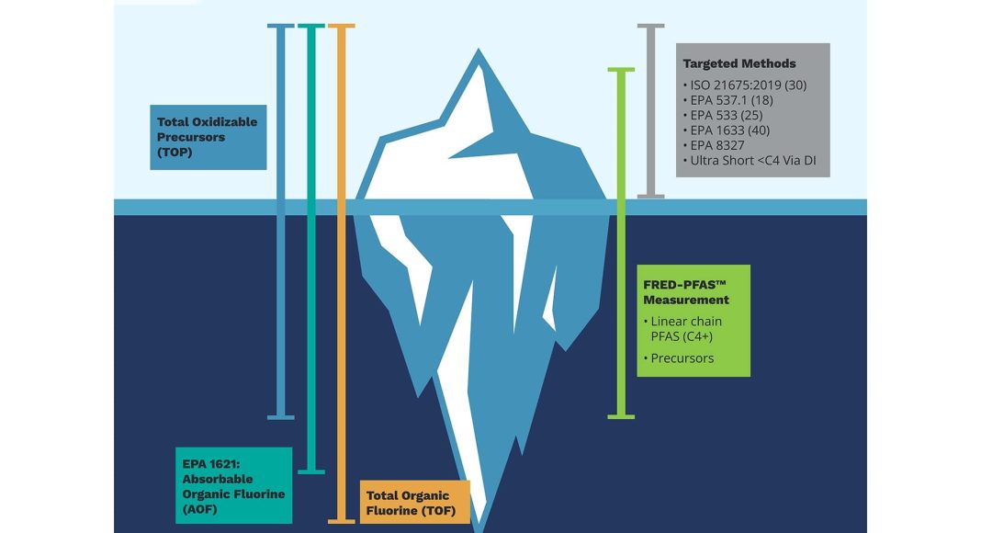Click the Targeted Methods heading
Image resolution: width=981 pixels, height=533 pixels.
point(739,63)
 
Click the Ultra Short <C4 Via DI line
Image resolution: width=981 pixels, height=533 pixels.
point(756,161)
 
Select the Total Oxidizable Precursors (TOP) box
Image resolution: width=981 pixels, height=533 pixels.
point(208,137)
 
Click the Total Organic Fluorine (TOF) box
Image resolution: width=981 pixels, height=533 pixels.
point(413,502)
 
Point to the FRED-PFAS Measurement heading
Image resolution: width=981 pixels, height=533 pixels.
point(686,291)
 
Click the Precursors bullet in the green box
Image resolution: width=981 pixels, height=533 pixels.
point(682,358)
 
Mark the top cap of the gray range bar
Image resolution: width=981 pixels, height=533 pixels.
point(650,26)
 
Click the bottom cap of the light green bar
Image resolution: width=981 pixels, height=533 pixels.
point(621,416)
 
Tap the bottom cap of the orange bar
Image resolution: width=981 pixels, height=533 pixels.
point(341,522)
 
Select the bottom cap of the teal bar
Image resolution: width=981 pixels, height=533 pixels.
point(311,471)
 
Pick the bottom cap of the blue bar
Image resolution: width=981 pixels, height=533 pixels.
point(281,416)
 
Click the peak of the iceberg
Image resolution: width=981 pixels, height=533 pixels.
point(479,51)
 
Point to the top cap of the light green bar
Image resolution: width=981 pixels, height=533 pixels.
point(621,69)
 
